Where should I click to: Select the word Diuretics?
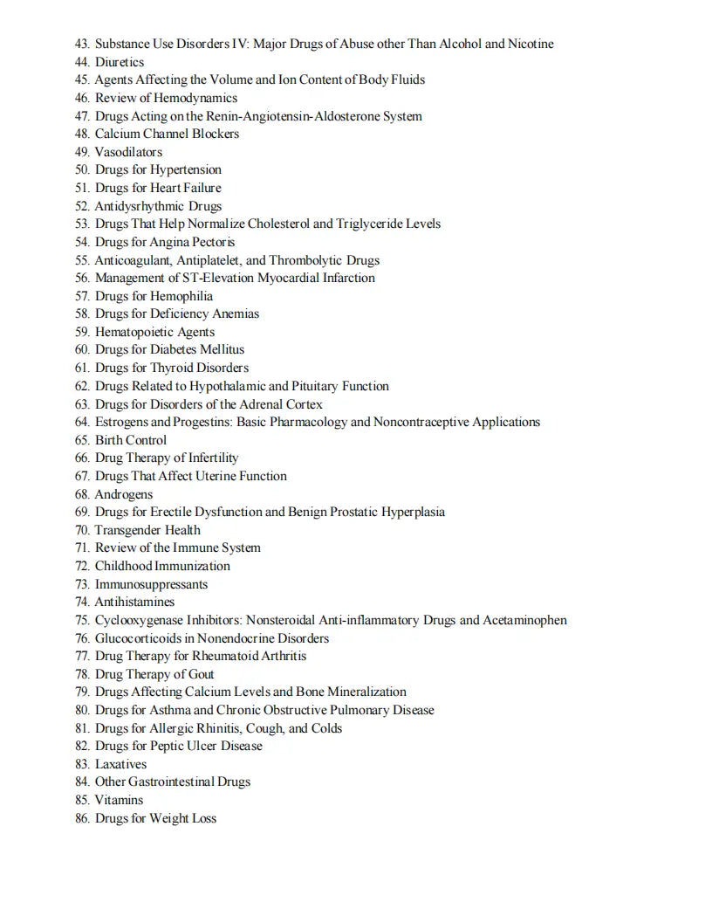click(120, 62)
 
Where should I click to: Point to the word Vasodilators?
click(128, 152)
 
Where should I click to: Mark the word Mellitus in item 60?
click(223, 349)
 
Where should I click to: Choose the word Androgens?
click(124, 494)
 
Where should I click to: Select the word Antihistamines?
click(134, 602)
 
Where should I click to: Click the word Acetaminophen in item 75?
click(525, 620)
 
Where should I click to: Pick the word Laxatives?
click(120, 764)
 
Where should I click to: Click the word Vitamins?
click(119, 800)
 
